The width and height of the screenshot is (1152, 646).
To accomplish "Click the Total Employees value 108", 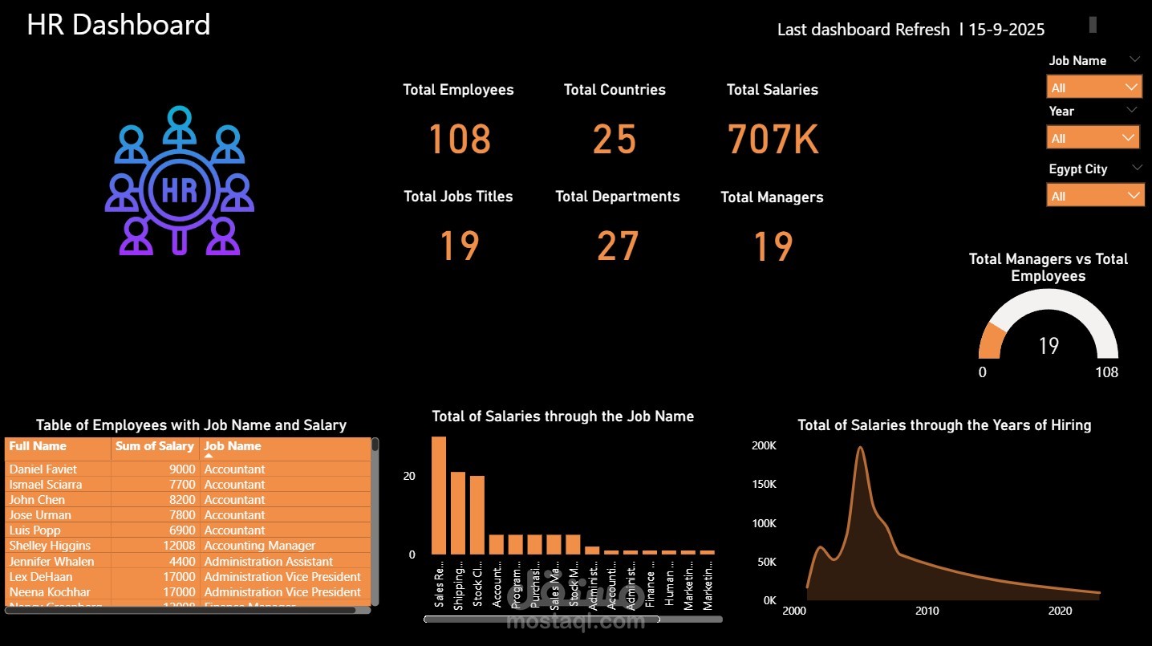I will coord(459,139).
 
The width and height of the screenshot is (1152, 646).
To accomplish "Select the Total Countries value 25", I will coord(615,139).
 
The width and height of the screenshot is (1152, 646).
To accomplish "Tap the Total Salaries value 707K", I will coord(773,139).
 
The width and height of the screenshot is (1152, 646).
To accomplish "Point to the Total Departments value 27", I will coord(617,246).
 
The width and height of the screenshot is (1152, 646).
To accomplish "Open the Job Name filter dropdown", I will coord(1093,87).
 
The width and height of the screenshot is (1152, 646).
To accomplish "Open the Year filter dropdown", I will coord(1093,138).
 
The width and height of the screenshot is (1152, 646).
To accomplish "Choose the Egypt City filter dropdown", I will coord(1095,196).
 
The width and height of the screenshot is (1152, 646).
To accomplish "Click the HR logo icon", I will coord(180,183).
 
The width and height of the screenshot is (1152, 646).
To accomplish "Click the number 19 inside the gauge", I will coord(1049,346).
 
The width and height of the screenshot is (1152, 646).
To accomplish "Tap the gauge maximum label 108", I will coord(1106,372).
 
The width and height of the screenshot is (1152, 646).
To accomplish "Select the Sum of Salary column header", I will coord(154,446).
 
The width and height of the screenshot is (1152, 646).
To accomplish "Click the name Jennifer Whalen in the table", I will coord(51,561).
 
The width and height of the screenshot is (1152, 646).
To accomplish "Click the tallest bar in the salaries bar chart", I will coord(439,495).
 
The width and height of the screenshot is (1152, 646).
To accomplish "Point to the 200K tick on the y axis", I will coord(764,445).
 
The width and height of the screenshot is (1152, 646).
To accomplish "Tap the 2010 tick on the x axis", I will coord(927,611).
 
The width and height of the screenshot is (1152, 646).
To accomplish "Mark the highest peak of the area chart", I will coord(860,448).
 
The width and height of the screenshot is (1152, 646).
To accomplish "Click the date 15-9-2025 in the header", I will coord(1006,30).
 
